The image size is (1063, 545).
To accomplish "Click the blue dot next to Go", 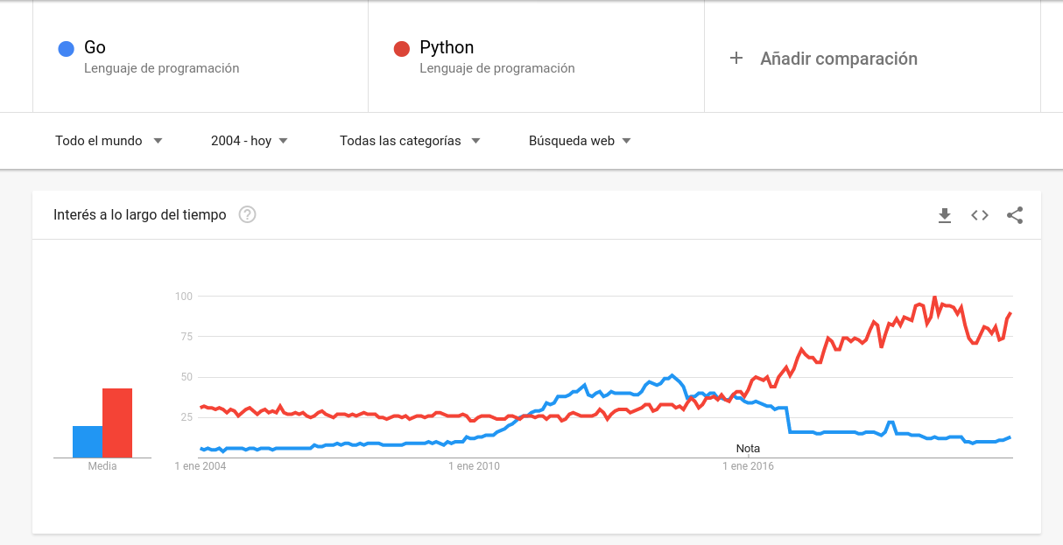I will (x=66, y=49).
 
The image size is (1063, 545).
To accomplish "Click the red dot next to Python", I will (x=402, y=49).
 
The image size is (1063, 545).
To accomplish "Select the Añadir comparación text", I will (x=838, y=59).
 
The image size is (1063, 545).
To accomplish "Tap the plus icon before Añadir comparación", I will (x=736, y=58).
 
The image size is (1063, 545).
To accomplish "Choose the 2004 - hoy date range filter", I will (x=250, y=141).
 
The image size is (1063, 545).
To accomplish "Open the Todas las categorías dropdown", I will (x=410, y=141).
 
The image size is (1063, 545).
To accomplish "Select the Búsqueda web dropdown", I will (x=580, y=141).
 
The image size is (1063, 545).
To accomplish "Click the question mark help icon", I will (x=247, y=215).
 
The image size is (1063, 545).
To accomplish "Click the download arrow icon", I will (x=944, y=215).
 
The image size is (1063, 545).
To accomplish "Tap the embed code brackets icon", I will (x=979, y=215).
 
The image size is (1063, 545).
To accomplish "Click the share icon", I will (x=1014, y=215).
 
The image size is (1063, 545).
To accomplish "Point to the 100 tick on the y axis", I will (x=183, y=297).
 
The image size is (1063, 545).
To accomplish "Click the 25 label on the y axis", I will (x=186, y=417).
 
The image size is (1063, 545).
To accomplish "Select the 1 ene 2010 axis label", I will (x=474, y=466).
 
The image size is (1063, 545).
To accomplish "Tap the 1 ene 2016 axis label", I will (x=748, y=466).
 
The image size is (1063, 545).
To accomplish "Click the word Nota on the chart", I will (x=748, y=449).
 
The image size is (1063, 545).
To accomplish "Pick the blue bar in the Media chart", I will (x=88, y=442).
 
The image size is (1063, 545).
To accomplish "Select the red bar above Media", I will (x=117, y=423).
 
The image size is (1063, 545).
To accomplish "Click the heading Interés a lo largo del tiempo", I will (x=140, y=215).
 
